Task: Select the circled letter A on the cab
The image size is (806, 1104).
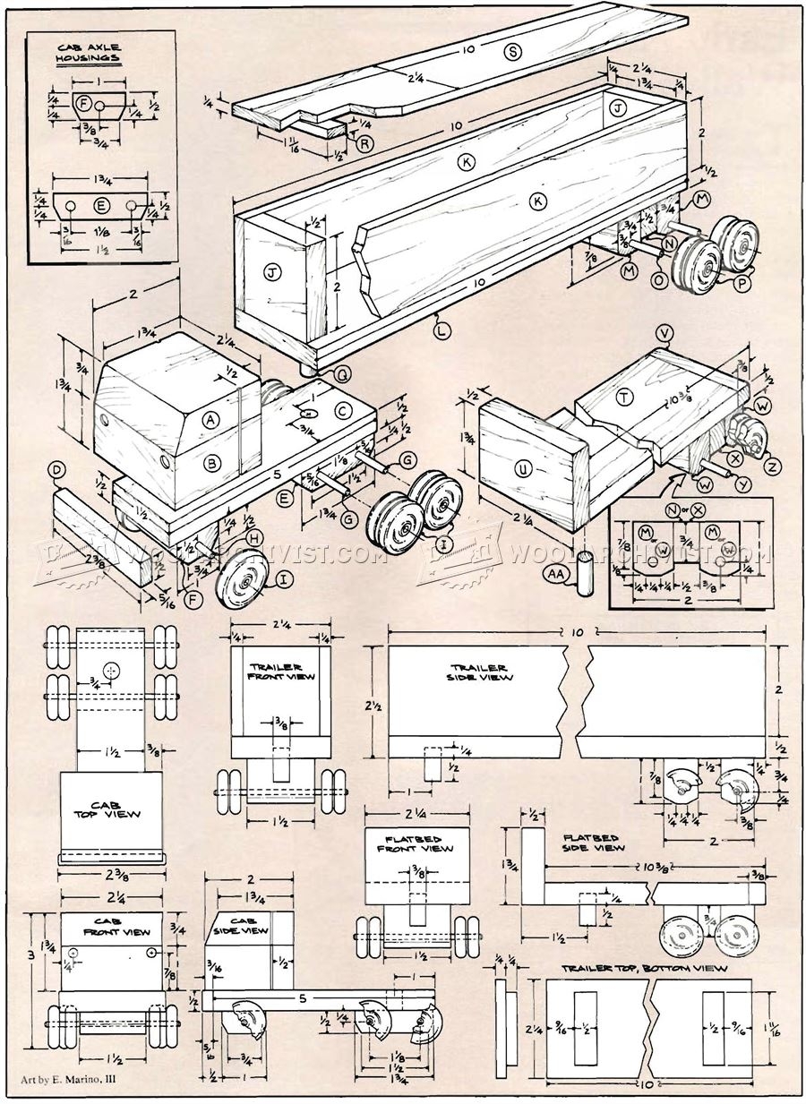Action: click(211, 418)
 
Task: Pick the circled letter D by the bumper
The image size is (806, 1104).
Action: click(57, 469)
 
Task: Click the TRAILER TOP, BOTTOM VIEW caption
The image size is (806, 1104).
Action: click(644, 968)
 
